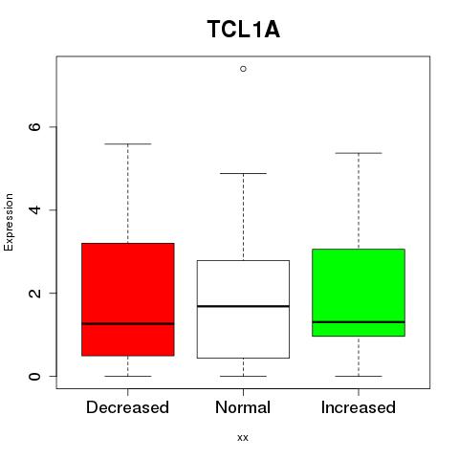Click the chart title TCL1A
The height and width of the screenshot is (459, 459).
point(244,30)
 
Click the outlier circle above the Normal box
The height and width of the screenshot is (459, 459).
point(243,69)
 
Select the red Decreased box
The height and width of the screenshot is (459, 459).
point(128,299)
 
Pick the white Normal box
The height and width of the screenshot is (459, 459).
point(243,309)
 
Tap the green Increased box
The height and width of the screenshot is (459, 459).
point(359,293)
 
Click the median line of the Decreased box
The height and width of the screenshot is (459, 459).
point(128,323)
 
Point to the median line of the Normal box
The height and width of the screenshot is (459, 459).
point(243,306)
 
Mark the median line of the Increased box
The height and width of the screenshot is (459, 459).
point(359,322)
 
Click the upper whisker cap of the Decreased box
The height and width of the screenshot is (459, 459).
point(128,144)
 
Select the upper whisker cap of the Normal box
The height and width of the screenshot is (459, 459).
point(243,173)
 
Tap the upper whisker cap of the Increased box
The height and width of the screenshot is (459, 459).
point(359,153)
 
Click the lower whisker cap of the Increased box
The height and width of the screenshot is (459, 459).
point(359,376)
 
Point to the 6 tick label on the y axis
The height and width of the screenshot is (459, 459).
point(34,126)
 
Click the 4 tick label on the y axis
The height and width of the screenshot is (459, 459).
point(34,209)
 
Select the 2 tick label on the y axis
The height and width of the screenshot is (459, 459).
point(34,293)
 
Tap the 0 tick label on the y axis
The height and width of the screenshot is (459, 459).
point(34,376)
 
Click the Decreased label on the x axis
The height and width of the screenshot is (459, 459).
point(127,407)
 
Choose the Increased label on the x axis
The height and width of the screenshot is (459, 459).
point(359,407)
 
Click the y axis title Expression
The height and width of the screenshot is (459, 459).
point(9,222)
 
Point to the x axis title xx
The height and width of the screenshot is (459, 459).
point(243,438)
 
